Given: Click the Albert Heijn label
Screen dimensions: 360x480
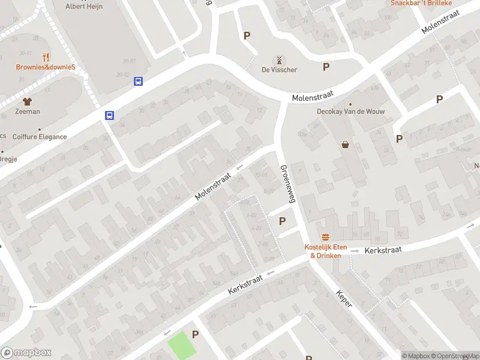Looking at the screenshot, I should click(84, 6).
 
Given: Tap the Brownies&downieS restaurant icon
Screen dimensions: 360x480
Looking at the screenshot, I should click(46, 57).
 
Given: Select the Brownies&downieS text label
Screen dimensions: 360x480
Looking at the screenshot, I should click(46, 67).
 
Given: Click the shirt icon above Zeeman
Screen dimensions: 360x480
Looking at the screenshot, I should click(27, 101).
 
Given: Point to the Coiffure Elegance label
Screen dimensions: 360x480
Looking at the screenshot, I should click(40, 137).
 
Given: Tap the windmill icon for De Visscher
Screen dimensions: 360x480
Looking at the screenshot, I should click(278, 60).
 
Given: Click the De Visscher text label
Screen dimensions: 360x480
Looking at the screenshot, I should click(279, 70).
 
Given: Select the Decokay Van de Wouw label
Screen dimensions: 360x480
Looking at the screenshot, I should click(350, 112).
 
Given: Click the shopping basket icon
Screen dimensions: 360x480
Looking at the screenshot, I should click(346, 144).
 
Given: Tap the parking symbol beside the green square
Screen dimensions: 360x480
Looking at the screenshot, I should click(195, 334).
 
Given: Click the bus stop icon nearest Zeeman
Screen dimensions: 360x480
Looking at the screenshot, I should click(110, 116).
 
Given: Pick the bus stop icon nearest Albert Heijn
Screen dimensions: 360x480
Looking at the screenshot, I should click(138, 81).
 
